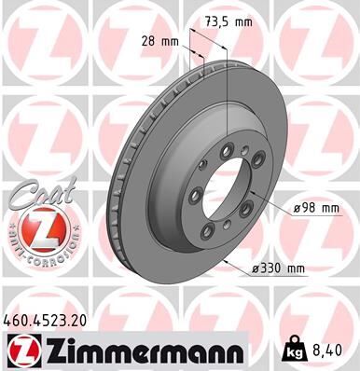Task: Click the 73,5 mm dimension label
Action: coord(229,21)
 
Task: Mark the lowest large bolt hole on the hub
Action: coord(226,228)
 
